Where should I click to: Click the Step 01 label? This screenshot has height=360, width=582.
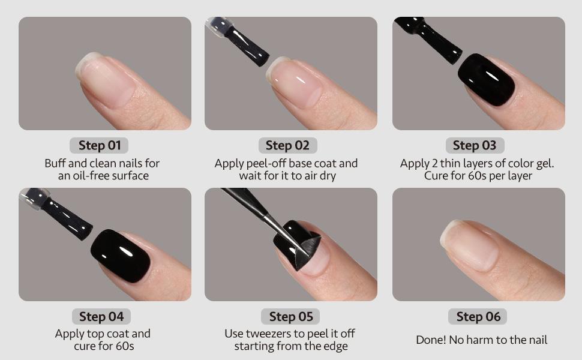point(100,145)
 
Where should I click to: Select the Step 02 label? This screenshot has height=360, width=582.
point(287,145)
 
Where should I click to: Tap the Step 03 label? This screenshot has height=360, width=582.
point(475,145)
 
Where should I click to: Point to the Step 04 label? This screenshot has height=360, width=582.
point(101,316)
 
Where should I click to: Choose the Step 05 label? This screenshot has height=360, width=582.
point(291,316)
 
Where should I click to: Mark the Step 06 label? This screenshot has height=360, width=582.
point(478,316)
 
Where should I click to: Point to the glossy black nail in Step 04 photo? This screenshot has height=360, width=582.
point(120,256)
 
